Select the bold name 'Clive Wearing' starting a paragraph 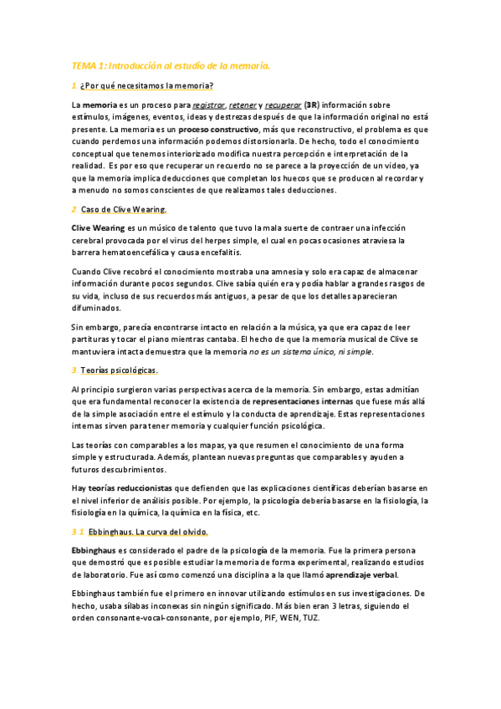coord(97,227)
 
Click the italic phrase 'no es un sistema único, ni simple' coord(311,351)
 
